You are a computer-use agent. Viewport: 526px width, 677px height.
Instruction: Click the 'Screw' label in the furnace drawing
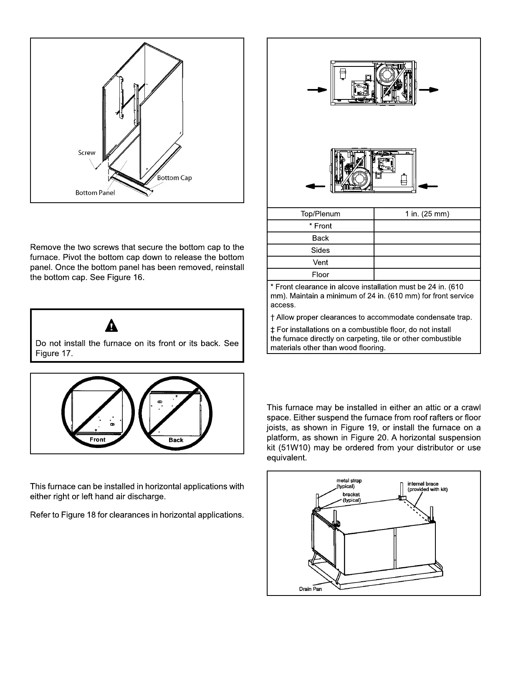pos(87,153)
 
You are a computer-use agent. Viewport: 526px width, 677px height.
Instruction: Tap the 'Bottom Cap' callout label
pos(174,178)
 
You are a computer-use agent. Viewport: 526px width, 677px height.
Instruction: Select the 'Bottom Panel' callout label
pos(95,193)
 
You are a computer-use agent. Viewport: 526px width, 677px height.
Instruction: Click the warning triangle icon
pos(111,325)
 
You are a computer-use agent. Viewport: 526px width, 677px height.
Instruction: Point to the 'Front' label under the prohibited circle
pos(98,440)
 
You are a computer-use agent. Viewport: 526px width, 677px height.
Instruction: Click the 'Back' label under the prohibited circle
pos(176,440)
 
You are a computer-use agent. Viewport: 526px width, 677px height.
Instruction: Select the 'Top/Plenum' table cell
pos(320,214)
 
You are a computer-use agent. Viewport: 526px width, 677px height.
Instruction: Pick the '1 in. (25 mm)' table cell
pos(427,214)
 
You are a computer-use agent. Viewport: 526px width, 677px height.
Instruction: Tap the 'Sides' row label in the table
pos(320,250)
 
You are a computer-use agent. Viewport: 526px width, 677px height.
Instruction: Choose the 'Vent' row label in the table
pos(320,262)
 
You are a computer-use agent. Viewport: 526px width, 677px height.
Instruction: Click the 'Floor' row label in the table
pos(320,275)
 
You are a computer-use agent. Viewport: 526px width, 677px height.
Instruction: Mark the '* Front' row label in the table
pos(320,226)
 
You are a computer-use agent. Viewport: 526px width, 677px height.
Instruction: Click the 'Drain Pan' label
pos(311,589)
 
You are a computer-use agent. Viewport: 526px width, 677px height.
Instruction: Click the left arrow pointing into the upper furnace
pos(317,90)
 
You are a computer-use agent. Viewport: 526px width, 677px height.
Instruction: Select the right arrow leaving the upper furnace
pos(428,89)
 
